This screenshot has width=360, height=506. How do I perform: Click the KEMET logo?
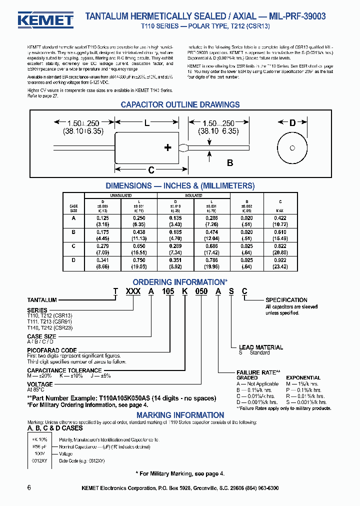click(x=45, y=19)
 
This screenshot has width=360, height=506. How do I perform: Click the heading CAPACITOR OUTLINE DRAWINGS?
click(x=180, y=104)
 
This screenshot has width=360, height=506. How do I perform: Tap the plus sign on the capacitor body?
click(x=168, y=147)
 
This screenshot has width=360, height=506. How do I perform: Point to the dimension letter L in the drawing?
click(x=146, y=122)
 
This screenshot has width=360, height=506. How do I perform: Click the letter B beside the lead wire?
click(x=230, y=162)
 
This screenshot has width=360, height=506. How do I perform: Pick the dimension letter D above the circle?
click(x=292, y=122)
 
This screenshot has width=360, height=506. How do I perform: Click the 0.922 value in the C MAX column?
click(x=279, y=260)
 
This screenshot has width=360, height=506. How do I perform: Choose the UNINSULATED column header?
click(x=120, y=195)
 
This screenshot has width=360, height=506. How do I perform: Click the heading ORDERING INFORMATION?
click(x=180, y=282)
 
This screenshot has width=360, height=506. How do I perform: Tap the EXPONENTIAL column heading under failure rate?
click(x=303, y=378)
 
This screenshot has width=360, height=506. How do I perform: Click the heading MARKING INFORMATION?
click(x=180, y=415)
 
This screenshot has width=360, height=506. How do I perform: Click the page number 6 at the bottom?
click(x=29, y=487)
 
